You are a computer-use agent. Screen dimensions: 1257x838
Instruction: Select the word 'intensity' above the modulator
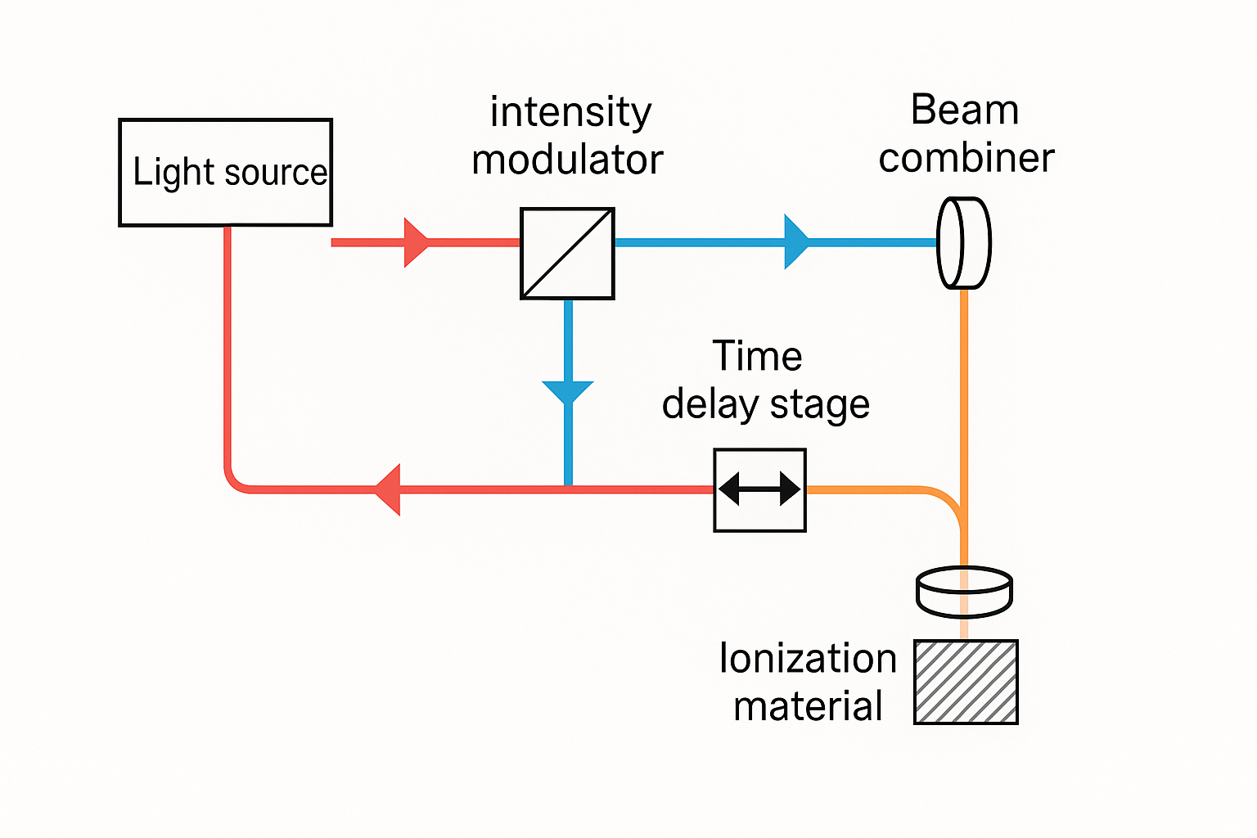click(570, 113)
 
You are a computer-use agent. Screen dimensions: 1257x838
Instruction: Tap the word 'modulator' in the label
click(567, 160)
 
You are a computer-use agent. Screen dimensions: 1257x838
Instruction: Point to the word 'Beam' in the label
click(965, 110)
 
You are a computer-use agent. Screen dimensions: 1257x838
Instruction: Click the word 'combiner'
click(966, 158)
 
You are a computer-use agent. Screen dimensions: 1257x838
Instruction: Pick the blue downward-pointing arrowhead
click(568, 392)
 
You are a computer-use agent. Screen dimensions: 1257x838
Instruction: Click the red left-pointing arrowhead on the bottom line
click(387, 489)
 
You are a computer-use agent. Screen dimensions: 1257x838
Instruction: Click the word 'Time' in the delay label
click(757, 356)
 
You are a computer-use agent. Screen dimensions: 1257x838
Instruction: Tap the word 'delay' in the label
click(710, 405)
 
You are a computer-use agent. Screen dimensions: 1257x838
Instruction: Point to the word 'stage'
click(820, 406)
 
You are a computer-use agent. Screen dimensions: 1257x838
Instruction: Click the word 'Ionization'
click(808, 658)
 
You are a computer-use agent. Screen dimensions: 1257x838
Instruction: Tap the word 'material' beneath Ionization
click(808, 706)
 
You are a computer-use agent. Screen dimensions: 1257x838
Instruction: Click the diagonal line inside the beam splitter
click(567, 254)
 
